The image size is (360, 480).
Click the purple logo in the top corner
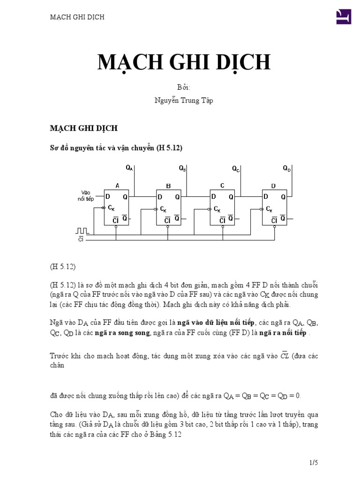344,17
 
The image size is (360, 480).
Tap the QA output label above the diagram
129,168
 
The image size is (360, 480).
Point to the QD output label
287,168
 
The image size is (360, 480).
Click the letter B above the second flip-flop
169,186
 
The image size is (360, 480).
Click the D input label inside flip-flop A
108,197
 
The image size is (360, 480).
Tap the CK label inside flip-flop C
217,209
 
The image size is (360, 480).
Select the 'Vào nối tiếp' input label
86,195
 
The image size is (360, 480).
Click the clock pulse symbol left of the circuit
82,231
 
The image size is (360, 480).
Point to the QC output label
236,168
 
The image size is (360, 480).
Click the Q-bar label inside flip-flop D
282,218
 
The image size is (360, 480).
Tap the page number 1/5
314,463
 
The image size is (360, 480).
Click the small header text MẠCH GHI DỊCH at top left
77,17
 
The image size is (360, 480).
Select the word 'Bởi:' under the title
184,88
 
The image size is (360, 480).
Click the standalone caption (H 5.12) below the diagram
63,267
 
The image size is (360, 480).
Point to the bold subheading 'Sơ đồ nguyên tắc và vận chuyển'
102,148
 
